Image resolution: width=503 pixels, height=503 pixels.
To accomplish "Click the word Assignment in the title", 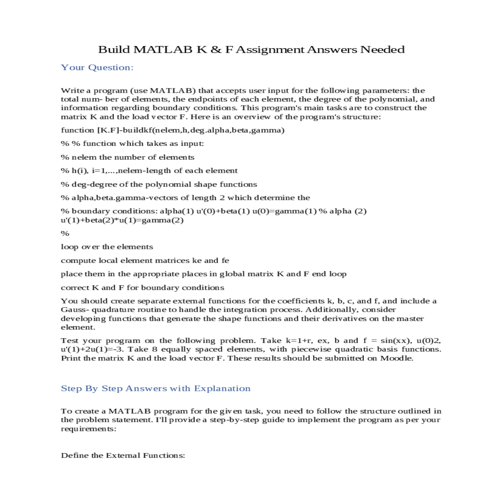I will coord(270,49).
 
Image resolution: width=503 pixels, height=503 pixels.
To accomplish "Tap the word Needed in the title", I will coord(382,49).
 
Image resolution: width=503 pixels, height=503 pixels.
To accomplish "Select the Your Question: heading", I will coord(97,67).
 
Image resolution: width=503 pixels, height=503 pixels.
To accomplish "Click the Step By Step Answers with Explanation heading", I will coord(156,389).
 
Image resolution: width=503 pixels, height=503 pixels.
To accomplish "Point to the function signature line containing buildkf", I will coord(173,130).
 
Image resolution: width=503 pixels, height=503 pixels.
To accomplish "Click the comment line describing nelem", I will coord(127,157).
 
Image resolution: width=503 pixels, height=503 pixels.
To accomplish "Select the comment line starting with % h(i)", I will coord(149,171).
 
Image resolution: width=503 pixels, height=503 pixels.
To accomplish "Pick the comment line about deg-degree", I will coord(159,184).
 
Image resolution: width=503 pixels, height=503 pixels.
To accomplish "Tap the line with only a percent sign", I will coord(65,233).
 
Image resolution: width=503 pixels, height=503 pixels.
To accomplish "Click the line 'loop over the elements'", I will coord(107,247).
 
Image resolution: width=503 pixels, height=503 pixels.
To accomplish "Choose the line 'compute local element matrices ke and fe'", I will coord(145,260).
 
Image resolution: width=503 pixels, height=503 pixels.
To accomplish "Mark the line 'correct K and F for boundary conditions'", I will coord(143,288).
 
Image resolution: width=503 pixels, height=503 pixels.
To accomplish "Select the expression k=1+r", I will coord(298,340).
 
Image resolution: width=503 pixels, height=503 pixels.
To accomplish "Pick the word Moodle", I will coord(396,358).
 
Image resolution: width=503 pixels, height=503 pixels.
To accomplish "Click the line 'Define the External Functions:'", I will coord(123,455).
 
